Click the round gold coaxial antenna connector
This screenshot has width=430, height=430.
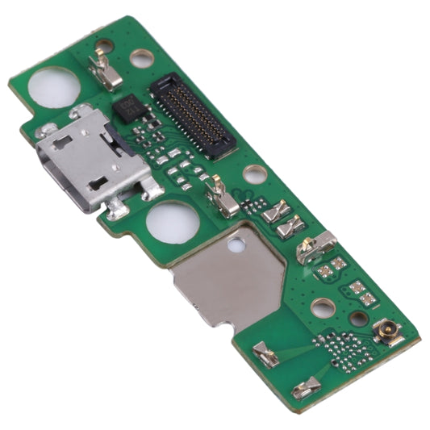click(386, 331)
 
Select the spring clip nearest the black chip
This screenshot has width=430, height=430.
click(104, 68)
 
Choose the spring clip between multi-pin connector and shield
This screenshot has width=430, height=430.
click(220, 197)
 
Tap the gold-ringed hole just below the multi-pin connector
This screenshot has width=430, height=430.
click(254, 173)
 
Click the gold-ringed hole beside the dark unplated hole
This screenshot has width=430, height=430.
click(323, 307)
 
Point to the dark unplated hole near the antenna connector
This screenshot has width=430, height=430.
click(358, 318)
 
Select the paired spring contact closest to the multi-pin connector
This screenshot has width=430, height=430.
click(276, 211)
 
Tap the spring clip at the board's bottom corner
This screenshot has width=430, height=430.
click(306, 389)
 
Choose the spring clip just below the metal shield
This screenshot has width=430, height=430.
click(265, 352)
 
